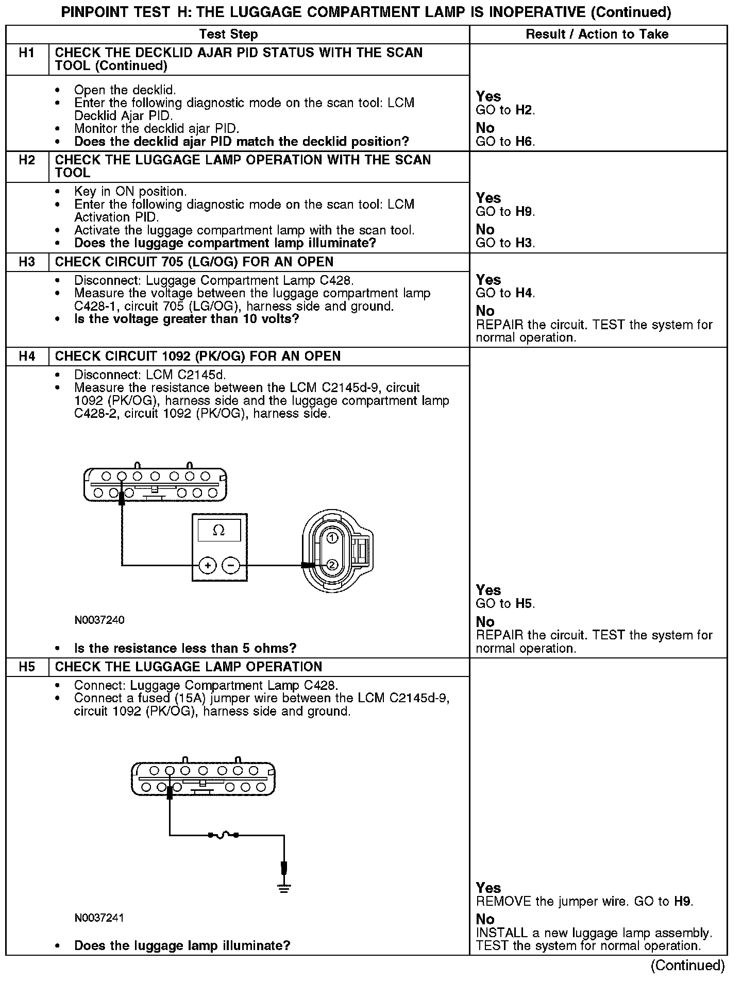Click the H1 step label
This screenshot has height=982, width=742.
point(27,53)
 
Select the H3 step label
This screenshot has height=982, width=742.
point(27,262)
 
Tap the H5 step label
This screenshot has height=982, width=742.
point(27,667)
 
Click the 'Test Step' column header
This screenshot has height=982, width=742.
point(228,34)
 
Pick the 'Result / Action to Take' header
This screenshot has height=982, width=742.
point(597,34)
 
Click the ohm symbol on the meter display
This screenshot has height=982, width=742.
point(218,530)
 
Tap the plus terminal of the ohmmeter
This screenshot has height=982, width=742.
point(208,566)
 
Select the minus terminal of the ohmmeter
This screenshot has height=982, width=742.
point(230,566)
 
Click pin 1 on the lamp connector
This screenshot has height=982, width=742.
point(332,538)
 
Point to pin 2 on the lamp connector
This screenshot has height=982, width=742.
point(332,565)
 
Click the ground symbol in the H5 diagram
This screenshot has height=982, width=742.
point(283,888)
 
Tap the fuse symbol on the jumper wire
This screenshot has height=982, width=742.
point(223,835)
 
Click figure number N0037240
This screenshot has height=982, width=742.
point(99,620)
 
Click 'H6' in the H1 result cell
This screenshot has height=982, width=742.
point(524,142)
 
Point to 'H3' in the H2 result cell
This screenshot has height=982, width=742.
point(524,243)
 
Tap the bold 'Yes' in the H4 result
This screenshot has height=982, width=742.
point(488,590)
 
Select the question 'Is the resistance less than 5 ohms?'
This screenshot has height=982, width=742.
point(185,648)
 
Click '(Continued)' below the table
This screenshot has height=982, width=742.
point(687,966)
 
